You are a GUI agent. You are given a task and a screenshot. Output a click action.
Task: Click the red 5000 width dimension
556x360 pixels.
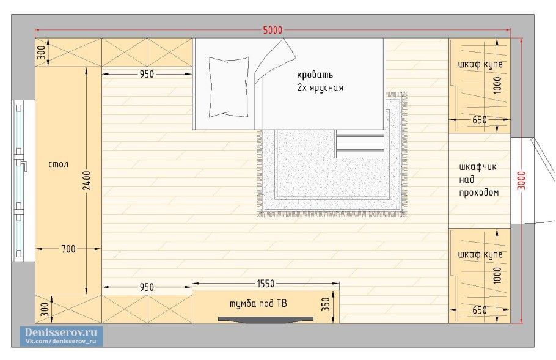click(273, 30)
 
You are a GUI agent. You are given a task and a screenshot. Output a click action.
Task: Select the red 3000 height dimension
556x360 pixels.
click(521, 180)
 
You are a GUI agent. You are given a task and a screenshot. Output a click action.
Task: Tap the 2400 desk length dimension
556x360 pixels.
click(87, 180)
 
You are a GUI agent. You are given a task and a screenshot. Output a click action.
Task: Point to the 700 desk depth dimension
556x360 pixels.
click(68, 249)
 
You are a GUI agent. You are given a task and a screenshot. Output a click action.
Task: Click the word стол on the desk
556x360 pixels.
click(58, 164)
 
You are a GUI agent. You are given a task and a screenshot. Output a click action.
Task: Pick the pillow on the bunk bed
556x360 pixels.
click(229, 87)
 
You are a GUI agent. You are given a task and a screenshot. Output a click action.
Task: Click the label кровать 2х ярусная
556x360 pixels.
click(320, 81)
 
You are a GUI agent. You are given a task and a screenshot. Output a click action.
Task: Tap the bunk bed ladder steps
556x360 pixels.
click(360, 144)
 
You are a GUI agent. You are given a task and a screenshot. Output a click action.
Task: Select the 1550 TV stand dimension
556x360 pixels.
click(266, 284)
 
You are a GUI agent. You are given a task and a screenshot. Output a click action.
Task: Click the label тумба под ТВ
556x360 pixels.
click(258, 304)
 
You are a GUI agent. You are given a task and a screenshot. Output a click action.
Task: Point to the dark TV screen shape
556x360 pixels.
click(266, 320)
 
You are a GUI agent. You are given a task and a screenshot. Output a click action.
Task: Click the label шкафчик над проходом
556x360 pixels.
click(478, 180)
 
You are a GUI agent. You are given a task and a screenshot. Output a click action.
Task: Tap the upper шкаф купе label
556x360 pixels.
click(480, 64)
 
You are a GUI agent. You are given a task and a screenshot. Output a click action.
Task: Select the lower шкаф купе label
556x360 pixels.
click(480, 255)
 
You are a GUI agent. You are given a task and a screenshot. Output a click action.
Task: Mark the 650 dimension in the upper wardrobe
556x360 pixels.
click(480, 120)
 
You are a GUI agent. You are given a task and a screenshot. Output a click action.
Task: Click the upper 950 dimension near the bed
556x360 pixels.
click(147, 74)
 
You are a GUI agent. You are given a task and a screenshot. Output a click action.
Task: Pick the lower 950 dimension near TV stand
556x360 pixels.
click(147, 287)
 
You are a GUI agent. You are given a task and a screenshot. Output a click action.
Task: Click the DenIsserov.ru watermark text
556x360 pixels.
click(60, 332)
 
